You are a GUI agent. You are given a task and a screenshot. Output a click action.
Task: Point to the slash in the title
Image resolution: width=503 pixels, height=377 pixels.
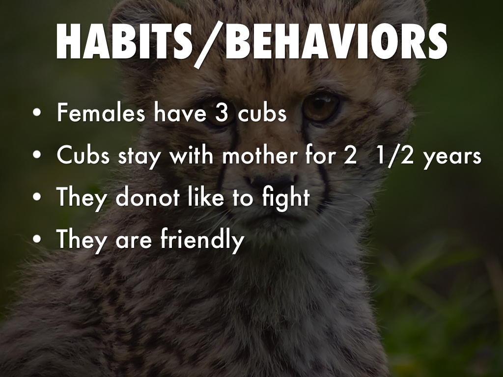(x=209, y=45)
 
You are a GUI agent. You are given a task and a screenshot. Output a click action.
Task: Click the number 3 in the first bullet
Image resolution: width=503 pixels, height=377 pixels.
(x=221, y=113)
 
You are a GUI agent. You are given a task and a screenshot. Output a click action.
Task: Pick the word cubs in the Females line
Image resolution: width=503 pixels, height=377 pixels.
(x=262, y=112)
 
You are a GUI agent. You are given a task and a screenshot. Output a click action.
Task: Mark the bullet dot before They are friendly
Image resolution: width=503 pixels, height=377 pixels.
(x=37, y=239)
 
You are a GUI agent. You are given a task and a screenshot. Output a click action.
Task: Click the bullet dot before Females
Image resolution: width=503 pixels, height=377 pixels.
(x=37, y=112)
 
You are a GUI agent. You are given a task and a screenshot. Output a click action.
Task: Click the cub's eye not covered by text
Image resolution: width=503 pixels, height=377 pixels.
(x=320, y=106)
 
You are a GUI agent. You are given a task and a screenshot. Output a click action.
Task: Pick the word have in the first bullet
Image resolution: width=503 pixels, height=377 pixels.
(x=180, y=112)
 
